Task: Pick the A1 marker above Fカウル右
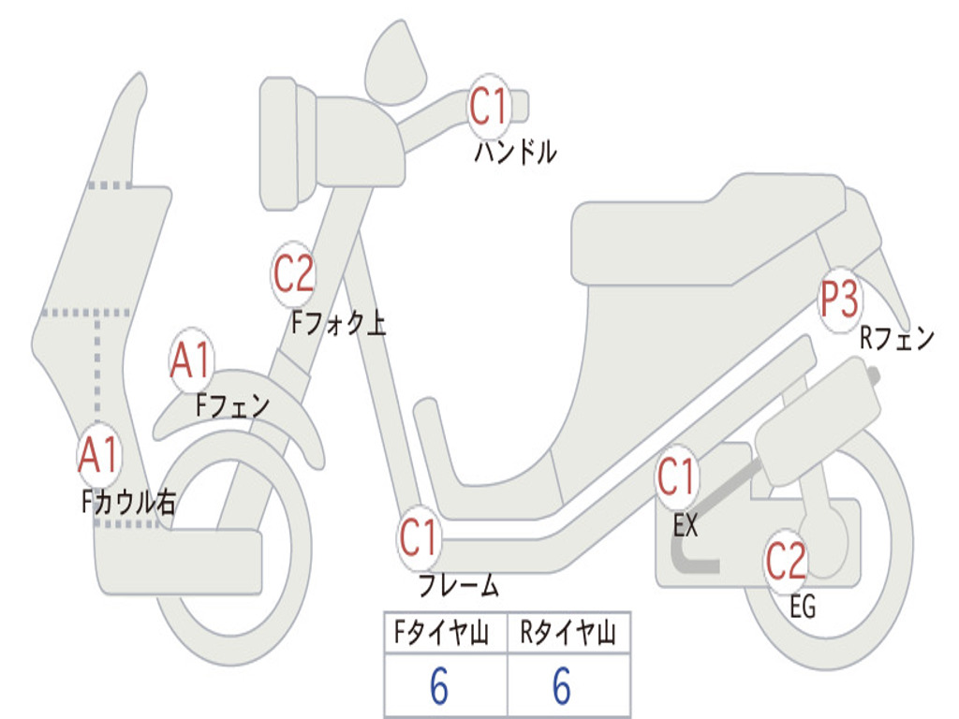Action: tap(98, 455)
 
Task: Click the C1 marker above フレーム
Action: tap(419, 538)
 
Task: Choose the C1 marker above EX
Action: tap(676, 478)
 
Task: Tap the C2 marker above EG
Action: tap(787, 561)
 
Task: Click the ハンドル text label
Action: tap(515, 152)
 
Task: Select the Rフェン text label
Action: tap(897, 338)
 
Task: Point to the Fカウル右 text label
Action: tap(128, 503)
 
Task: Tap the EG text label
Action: tap(803, 608)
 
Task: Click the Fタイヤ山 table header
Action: tap(443, 635)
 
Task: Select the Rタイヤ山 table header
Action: tap(568, 635)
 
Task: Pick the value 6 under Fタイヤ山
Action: tap(439, 687)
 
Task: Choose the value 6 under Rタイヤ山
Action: tap(562, 687)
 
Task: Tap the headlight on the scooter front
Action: tap(278, 143)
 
